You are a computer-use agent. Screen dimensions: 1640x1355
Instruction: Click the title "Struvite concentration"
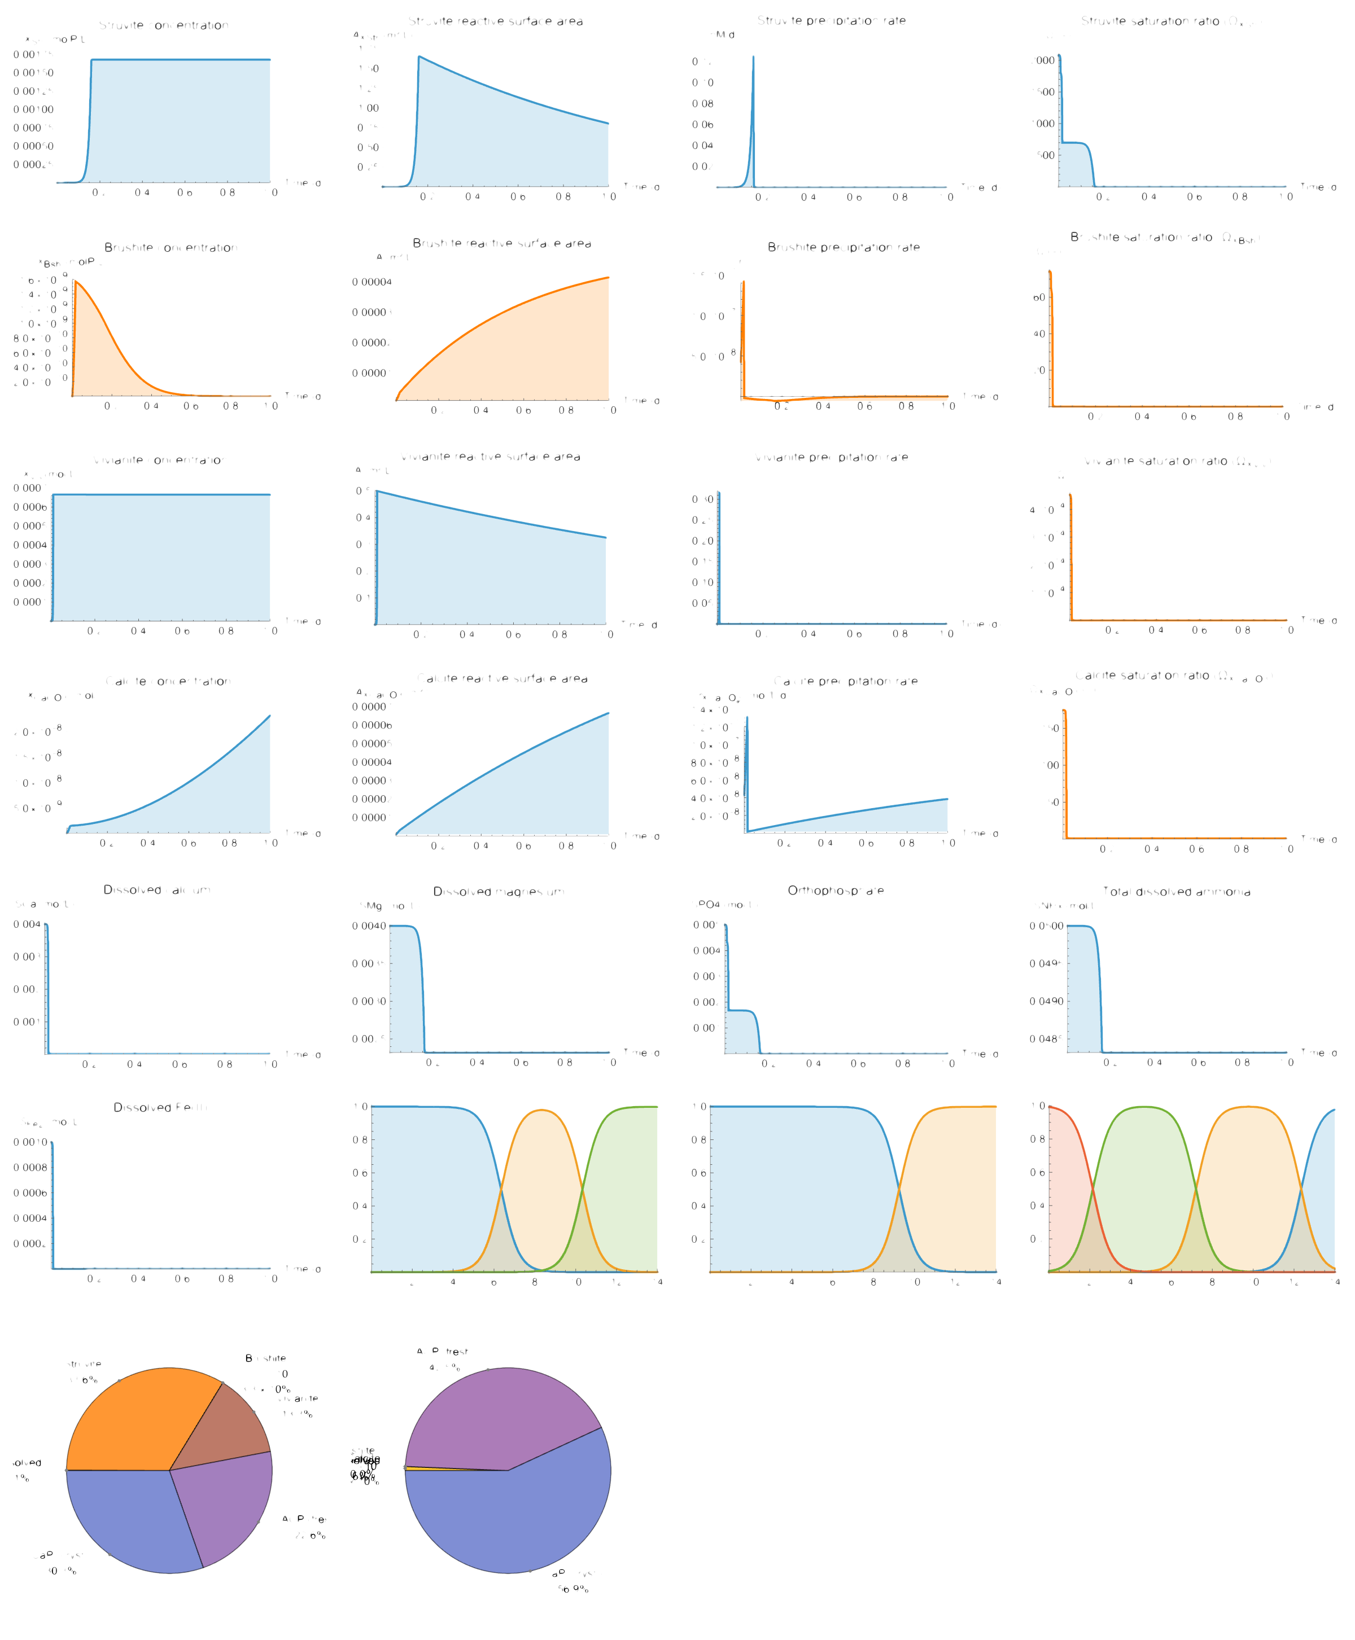[163, 25]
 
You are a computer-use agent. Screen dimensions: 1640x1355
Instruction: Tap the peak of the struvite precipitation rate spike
[753, 56]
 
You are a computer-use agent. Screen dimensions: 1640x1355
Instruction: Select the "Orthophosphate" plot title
[835, 890]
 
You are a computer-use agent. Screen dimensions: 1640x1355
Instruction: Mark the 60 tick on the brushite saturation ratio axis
[1039, 297]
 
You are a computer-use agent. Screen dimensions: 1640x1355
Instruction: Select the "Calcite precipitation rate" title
[845, 681]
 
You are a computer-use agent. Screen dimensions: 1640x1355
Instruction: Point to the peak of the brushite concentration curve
[75, 281]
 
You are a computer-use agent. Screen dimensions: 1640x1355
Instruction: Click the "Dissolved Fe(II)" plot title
[160, 1107]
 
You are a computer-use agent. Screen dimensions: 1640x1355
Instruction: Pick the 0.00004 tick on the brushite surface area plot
[371, 282]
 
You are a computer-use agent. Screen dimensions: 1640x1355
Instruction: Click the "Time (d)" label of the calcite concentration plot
[303, 834]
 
